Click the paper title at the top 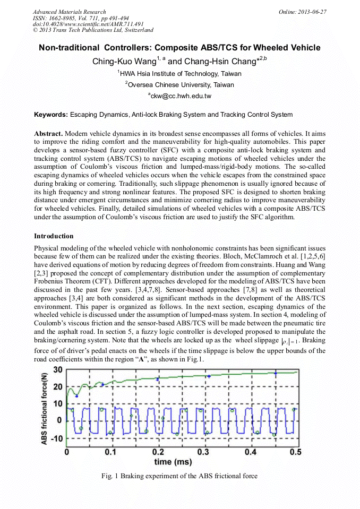179,48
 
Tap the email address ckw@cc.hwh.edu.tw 180,96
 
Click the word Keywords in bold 50,115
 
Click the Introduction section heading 54,236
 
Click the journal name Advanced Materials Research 69,12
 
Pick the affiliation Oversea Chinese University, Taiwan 179,85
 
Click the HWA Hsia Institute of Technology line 179,74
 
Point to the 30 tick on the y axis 57,370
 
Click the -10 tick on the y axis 55,438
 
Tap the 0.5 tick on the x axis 295,452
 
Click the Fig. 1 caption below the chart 179,476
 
